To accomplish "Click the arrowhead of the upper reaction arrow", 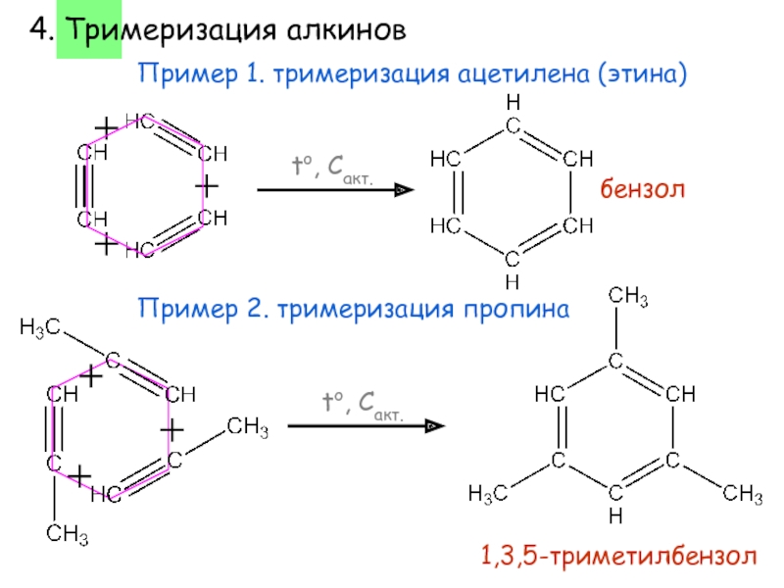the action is coord(405,191).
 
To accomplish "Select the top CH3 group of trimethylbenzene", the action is coord(628,295).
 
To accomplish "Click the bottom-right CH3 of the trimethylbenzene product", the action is coord(743,492).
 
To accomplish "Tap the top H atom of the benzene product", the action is coord(512,102).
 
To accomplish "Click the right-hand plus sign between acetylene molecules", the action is coord(206,184).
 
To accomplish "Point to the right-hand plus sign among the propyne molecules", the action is coord(172,431).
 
